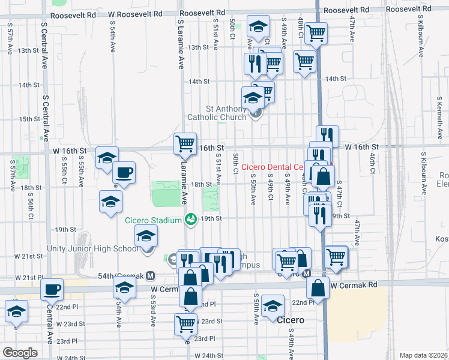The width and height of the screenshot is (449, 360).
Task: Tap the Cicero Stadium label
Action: click(x=153, y=220)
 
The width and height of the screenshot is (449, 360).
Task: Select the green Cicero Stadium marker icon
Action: click(x=191, y=220)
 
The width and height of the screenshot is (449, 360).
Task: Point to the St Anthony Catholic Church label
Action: click(x=226, y=113)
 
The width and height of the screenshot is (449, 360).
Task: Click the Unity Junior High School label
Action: click(x=93, y=249)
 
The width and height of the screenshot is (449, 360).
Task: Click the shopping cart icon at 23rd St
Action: click(x=185, y=323)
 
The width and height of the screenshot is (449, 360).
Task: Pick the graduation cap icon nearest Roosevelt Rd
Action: click(x=258, y=28)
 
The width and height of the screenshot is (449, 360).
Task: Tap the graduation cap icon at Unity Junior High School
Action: click(x=145, y=238)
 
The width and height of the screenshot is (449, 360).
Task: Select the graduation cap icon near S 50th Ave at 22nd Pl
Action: click(x=273, y=306)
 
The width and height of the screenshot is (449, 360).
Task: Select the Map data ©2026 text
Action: click(x=424, y=355)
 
